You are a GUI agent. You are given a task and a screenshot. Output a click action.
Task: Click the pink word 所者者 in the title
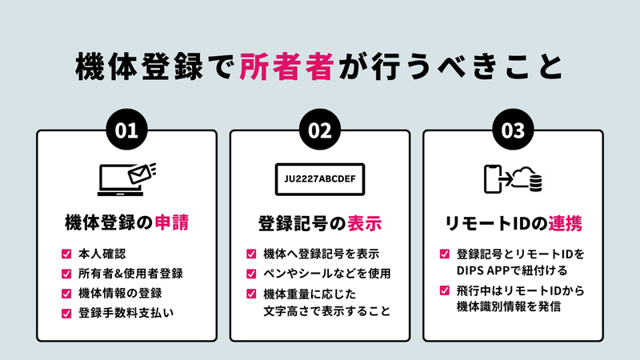286,66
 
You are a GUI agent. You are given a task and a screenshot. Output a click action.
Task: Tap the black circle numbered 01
126,130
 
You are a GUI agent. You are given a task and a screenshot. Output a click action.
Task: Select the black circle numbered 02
319,130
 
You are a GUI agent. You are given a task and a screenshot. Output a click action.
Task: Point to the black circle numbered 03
513,130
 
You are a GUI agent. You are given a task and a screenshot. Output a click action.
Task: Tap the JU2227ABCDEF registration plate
320,179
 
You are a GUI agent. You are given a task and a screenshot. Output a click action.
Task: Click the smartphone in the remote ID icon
492,179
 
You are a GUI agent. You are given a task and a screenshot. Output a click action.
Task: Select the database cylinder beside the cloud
535,183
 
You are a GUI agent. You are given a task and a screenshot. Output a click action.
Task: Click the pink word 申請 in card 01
172,222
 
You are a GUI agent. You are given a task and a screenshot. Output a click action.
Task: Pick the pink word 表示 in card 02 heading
365,223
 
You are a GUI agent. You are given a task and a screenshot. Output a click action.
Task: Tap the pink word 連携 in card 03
565,223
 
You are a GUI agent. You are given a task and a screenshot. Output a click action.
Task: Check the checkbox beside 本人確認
66,254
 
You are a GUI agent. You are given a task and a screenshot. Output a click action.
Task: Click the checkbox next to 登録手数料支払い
66,314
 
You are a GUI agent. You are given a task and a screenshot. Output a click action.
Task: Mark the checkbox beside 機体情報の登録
66,294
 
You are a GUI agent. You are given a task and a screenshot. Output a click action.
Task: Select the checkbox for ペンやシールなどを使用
251,274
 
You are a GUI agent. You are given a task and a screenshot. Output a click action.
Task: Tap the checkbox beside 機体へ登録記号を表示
251,254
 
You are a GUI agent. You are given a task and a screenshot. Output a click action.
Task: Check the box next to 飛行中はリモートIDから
445,290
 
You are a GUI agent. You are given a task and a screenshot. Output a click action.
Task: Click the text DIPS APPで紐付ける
512,270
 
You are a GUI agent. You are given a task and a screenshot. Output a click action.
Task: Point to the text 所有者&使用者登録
130,274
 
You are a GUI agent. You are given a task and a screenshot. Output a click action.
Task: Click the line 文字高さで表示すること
327,311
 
